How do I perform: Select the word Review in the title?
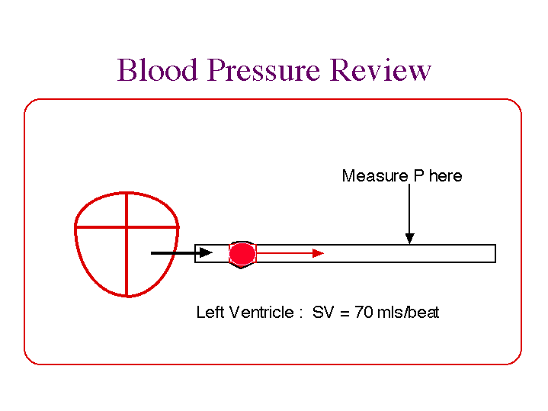click(x=381, y=71)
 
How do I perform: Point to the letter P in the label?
click(x=418, y=176)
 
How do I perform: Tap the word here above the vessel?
click(x=445, y=176)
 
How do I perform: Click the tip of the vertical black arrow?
click(x=410, y=242)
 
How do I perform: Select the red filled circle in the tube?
click(x=243, y=253)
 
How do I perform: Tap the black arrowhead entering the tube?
click(x=205, y=252)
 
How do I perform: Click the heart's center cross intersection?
click(x=127, y=226)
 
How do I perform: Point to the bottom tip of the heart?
click(x=127, y=295)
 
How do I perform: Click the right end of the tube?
click(x=495, y=253)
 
